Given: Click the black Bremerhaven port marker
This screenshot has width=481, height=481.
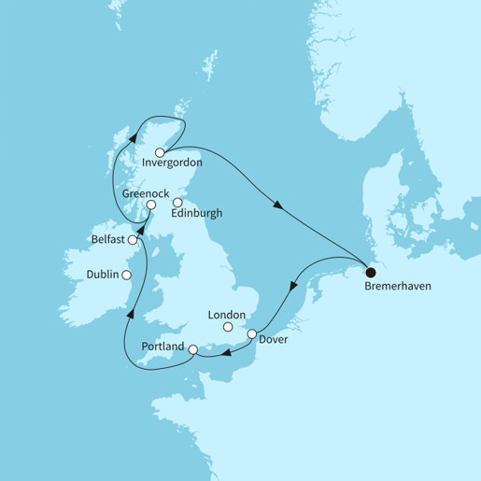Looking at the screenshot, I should pyautogui.click(x=371, y=273).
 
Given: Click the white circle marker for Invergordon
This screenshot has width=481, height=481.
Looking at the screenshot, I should pyautogui.click(x=160, y=152).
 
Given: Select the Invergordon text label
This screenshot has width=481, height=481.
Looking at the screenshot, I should pyautogui.click(x=174, y=169).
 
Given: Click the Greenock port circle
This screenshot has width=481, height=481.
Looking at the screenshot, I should pyautogui.click(x=150, y=205).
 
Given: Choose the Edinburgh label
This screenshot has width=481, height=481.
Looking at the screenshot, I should pyautogui.click(x=198, y=213).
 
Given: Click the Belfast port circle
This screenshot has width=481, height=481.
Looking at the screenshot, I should pyautogui.click(x=133, y=240).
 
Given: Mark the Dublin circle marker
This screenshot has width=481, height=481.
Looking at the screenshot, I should pyautogui.click(x=126, y=275).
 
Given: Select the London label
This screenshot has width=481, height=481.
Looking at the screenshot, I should pyautogui.click(x=234, y=315).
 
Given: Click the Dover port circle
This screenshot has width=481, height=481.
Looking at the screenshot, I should pyautogui.click(x=251, y=333).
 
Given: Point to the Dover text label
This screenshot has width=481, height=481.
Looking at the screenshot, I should pyautogui.click(x=276, y=339).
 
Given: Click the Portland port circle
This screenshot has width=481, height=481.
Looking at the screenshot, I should pyautogui.click(x=192, y=351).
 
